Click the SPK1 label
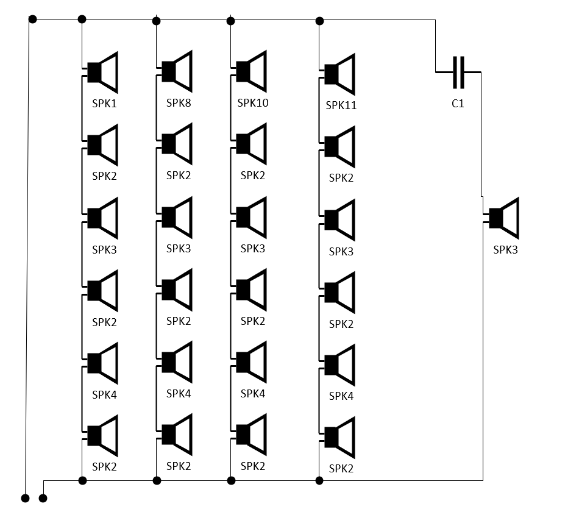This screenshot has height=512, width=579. pos(104,104)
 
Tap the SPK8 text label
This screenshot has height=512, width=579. pos(179,102)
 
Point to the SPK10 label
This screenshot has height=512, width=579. pos(253,102)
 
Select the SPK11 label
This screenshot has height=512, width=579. pos(341,105)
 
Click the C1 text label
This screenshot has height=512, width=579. pos(458,104)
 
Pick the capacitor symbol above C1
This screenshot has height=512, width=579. pos(458,73)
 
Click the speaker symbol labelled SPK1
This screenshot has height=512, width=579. pos(100,73)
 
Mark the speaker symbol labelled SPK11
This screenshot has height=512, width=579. pos(337,74)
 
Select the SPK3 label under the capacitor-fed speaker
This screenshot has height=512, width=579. pos(505,250)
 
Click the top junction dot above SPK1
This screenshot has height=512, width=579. pos(82,20)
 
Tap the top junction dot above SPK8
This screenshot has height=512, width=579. pos(157,21)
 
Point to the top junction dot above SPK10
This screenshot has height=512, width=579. pos(231,21)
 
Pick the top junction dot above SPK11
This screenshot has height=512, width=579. pos(320,21)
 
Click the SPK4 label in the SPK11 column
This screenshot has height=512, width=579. pos(341,396)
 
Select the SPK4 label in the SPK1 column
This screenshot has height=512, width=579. pos(104,395)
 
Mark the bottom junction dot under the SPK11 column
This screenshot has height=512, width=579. pos(319,480)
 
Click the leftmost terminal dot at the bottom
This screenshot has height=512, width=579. pos(25,499)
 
